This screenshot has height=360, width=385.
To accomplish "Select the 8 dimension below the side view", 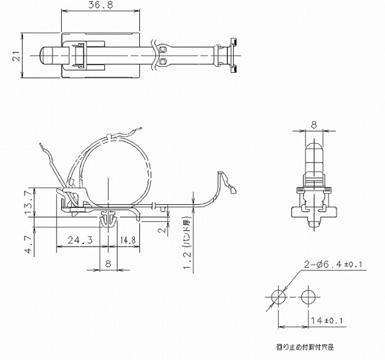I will coord(108,263).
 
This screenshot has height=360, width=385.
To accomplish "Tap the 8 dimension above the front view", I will coord(315,123).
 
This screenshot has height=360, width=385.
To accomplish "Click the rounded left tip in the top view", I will coord(46,56).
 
